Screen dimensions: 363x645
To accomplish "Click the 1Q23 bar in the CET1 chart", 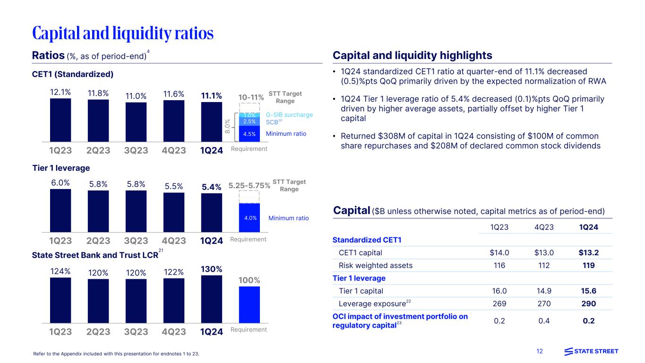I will click(60, 120).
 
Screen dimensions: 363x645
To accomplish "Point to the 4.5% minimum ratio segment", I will click(249, 134).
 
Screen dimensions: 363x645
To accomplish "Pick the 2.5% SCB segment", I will click(249, 122).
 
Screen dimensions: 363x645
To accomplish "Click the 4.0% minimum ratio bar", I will click(249, 218).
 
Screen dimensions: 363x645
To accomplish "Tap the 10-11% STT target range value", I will click(251, 97).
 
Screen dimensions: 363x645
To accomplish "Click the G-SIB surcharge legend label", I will click(289, 115).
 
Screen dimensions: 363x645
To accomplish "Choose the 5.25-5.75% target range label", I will click(249, 186).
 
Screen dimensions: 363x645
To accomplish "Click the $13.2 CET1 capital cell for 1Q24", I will click(588, 252).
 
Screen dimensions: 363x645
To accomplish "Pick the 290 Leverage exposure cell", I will click(588, 303).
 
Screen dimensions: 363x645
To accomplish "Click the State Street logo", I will click(591, 351).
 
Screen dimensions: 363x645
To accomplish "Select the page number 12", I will click(540, 351).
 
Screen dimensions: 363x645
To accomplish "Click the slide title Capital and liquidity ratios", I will click(123, 33).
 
